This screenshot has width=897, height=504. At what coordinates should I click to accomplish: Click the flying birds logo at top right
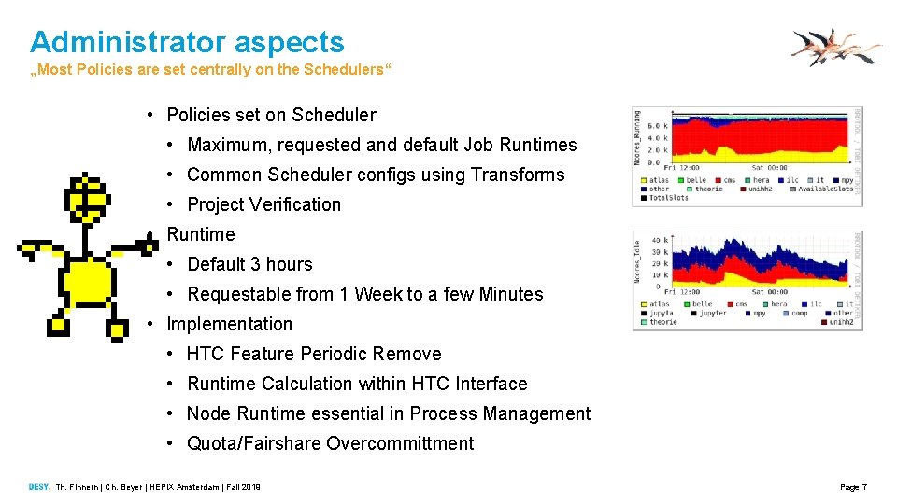tap(834, 47)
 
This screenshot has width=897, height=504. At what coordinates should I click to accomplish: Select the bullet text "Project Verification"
tap(263, 204)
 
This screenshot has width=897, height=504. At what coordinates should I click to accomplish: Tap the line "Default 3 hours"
tap(249, 264)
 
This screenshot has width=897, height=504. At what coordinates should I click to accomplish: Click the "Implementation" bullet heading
tap(229, 324)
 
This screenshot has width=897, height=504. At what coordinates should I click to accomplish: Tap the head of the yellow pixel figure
tap(87, 196)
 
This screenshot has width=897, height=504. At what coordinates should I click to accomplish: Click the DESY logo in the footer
tap(39, 487)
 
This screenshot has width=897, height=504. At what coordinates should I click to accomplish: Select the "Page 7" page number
tap(853, 487)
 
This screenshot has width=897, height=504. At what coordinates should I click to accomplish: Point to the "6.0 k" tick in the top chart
tap(657, 126)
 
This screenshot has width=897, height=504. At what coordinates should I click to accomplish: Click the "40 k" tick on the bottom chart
tap(656, 240)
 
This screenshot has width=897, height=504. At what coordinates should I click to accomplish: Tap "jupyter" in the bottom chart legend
tap(713, 313)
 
